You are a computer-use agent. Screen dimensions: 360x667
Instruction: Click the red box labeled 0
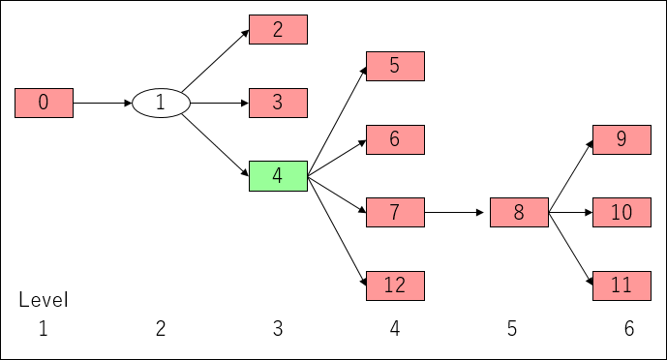[44, 103]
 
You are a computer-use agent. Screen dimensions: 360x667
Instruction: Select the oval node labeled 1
[161, 103]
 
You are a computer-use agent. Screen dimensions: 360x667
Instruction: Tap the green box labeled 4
[278, 176]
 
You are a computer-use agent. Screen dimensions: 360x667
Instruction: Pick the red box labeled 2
[278, 29]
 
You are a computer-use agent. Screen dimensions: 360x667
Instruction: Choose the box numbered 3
[278, 103]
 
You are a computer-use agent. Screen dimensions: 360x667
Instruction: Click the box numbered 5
[395, 66]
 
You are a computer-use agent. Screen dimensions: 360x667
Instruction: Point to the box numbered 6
[395, 139]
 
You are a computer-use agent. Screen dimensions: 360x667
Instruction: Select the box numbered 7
[395, 212]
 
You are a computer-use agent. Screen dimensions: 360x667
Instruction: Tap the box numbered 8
[519, 212]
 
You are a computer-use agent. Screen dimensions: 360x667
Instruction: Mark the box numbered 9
[622, 139]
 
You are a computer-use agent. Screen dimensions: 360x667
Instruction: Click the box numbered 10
[622, 212]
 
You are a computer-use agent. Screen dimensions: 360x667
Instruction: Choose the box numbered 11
[622, 285]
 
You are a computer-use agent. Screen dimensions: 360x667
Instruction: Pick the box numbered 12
[395, 285]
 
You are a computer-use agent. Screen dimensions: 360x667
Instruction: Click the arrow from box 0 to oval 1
[103, 103]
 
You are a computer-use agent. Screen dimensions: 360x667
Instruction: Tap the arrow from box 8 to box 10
[570, 212]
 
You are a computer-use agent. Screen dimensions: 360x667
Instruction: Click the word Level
[44, 300]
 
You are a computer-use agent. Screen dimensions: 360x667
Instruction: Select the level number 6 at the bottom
[629, 329]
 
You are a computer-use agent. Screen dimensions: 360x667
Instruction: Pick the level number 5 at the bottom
[512, 329]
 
